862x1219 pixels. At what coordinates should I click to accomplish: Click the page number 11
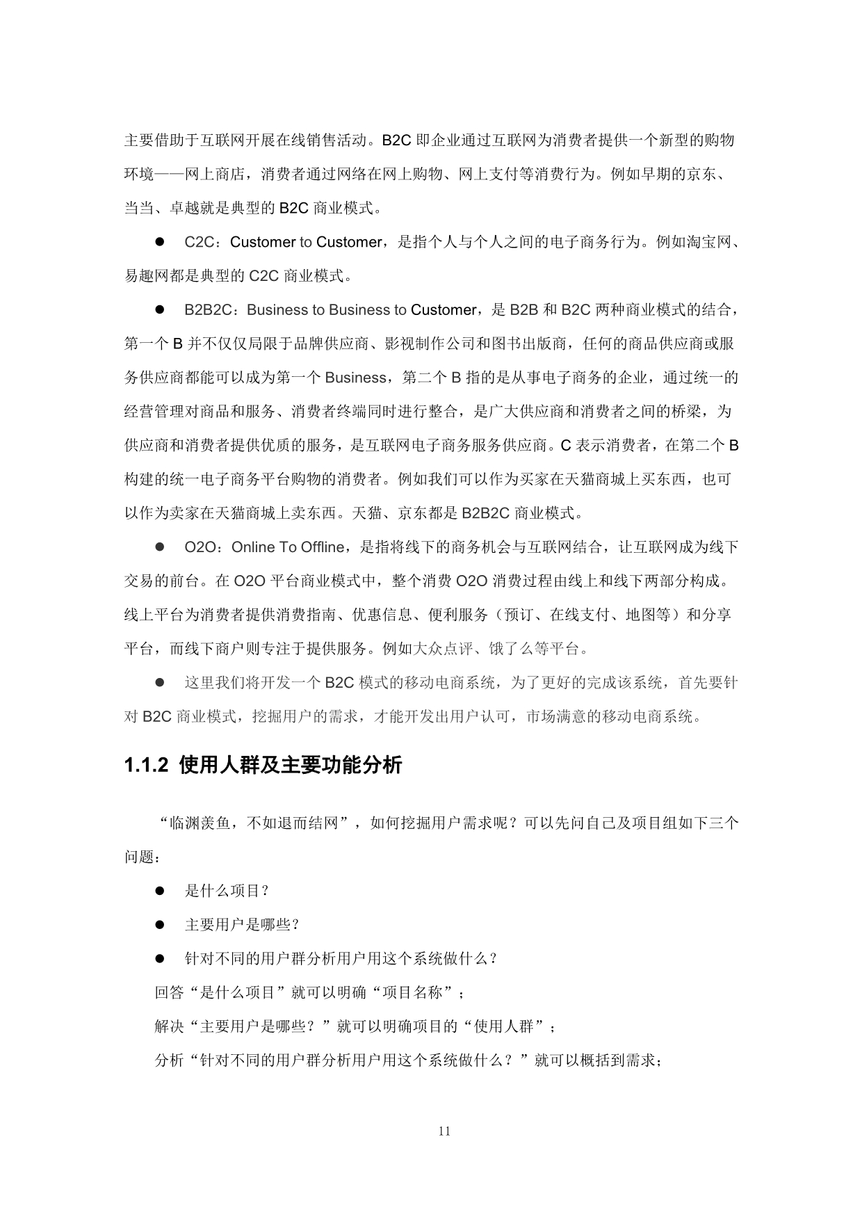tap(445, 1131)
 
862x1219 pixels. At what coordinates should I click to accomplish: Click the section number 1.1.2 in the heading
tap(146, 766)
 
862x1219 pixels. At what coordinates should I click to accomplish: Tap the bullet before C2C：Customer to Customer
tap(159, 242)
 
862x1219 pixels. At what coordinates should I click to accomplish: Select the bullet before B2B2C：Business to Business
tap(159, 309)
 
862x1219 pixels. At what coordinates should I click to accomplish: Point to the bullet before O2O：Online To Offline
tap(159, 547)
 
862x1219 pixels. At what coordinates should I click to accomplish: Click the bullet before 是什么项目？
tap(159, 891)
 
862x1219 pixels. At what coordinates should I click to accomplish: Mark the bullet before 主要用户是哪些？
tap(159, 925)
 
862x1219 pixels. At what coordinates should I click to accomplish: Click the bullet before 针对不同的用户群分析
tap(159, 959)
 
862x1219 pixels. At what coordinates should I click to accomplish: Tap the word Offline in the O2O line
tap(323, 547)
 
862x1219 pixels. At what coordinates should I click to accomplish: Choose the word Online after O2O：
tap(253, 547)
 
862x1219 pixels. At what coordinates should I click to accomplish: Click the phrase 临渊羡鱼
tap(200, 823)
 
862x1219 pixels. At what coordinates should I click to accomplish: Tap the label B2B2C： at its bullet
tap(213, 309)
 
